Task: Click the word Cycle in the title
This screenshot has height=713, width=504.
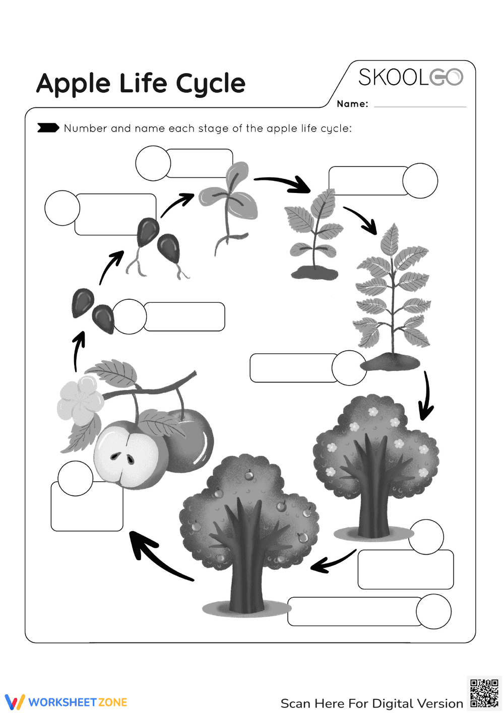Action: click(211, 84)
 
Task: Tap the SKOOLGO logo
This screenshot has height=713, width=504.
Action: click(410, 77)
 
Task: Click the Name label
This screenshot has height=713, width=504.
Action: click(352, 104)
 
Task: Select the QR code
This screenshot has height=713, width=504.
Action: click(484, 693)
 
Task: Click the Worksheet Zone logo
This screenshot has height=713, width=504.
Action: click(66, 702)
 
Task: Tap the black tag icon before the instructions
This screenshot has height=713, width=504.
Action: click(48, 128)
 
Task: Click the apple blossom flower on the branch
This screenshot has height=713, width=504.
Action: click(81, 401)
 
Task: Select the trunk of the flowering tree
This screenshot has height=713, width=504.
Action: click(373, 509)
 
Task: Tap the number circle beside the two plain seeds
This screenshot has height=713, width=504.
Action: click(130, 317)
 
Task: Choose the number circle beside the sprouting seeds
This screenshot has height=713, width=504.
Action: click(62, 208)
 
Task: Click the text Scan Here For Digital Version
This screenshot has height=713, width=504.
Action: click(371, 703)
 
